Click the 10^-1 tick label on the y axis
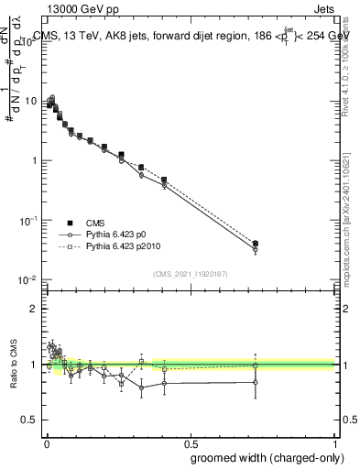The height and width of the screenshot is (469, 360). coord(27,221)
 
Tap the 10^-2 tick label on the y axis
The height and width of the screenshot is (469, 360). coord(27,280)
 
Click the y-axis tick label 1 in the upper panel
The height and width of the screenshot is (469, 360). coord(33,161)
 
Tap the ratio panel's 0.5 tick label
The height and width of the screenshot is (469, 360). coord(29,420)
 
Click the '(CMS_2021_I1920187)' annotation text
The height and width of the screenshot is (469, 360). coord(190,273)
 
